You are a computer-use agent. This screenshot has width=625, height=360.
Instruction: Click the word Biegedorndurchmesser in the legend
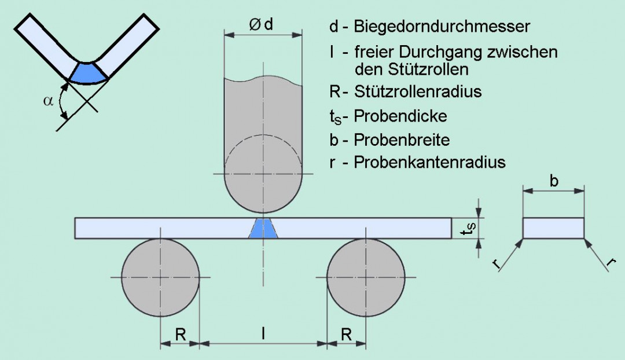pyautogui.click(x=442, y=27)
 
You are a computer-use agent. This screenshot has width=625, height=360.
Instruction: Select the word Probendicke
pyautogui.click(x=400, y=116)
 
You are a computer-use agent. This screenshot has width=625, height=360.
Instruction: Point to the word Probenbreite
pyautogui.click(x=402, y=139)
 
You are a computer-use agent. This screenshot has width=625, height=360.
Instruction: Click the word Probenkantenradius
pyautogui.click(x=429, y=163)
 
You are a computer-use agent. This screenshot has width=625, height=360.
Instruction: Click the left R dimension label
pyautogui.click(x=180, y=334)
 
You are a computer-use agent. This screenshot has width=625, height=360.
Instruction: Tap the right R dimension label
pyautogui.click(x=346, y=334)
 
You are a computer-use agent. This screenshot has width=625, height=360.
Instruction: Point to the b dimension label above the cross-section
pyautogui.click(x=554, y=181)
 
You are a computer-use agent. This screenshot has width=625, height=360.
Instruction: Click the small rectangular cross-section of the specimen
pyautogui.click(x=553, y=228)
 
